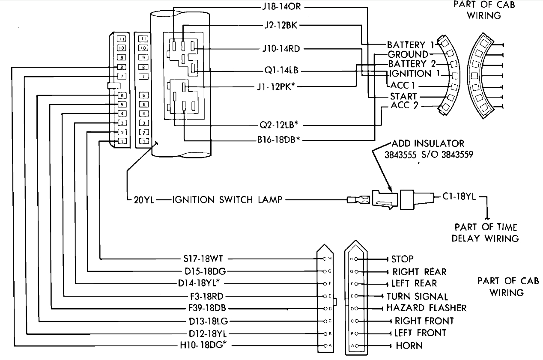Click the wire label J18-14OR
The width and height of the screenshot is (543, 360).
[281, 7]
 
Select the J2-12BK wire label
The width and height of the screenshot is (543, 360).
[281, 25]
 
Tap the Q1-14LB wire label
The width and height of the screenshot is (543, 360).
[281, 70]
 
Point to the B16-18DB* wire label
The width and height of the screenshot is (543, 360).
[278, 140]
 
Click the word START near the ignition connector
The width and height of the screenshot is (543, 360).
[404, 96]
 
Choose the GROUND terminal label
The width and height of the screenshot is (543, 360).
[408, 54]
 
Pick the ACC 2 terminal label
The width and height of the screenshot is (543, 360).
[405, 105]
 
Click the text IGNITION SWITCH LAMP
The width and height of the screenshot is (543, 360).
[227, 199]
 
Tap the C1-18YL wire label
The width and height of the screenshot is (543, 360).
[459, 196]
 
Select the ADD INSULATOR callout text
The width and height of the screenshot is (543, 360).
[428, 143]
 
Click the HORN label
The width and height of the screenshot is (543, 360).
[409, 345]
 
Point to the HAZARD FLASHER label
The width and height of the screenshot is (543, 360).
[427, 308]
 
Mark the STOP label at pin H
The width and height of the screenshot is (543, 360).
[403, 259]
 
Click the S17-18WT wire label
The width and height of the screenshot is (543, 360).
[203, 259]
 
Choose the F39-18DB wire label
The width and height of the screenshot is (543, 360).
[207, 308]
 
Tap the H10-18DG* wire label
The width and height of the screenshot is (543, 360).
[203, 345]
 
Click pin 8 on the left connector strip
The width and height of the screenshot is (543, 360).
[122, 67]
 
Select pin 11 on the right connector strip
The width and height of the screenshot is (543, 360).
[143, 39]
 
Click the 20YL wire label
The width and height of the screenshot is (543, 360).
[144, 200]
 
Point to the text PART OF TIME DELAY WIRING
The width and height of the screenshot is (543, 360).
[485, 233]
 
